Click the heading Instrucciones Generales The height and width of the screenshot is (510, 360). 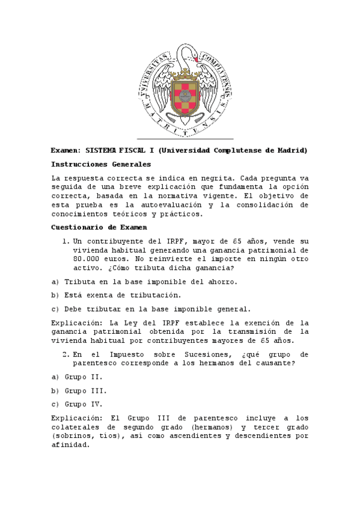[100, 164]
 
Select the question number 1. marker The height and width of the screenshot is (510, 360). [66, 241]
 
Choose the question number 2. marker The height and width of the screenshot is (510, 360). [66, 354]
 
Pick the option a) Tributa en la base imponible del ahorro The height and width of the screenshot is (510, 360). [144, 281]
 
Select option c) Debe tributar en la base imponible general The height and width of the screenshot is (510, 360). [150, 309]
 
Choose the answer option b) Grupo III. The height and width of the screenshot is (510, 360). [79, 390]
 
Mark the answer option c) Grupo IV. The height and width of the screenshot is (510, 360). [76, 404]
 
